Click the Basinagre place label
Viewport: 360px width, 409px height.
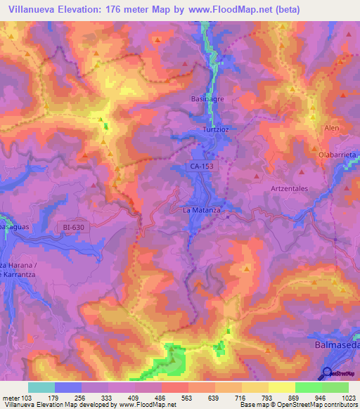point(207,99)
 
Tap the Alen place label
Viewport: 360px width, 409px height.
point(331,128)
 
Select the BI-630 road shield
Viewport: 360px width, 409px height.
point(77,227)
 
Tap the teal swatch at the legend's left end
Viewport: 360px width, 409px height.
point(41,387)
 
